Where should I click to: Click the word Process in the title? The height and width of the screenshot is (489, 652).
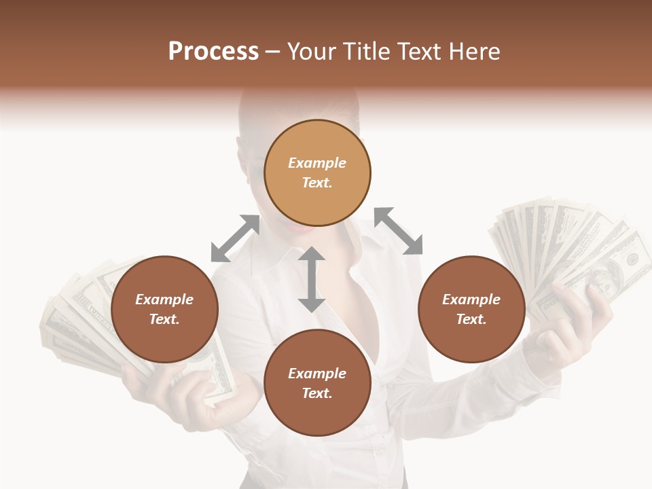coord(213,52)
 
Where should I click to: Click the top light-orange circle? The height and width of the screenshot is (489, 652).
coord(317,173)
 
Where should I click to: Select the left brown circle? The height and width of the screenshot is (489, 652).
coord(164,309)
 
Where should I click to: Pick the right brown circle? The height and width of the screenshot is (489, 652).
coord(471,309)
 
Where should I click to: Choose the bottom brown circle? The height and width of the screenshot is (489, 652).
coord(317,383)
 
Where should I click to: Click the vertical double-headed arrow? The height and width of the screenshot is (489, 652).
coord(312,279)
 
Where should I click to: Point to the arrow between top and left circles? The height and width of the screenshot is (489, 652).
coord(235,238)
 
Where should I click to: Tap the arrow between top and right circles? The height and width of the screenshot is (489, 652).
coord(399,231)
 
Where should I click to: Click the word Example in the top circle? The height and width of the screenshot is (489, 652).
coord(317,163)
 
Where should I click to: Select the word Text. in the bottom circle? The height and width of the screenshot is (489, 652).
coord(317,393)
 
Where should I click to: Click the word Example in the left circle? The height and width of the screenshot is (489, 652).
coord(164,300)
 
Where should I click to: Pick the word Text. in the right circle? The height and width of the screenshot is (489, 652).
coord(471,319)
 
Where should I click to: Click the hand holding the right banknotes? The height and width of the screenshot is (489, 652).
coord(577,319)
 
